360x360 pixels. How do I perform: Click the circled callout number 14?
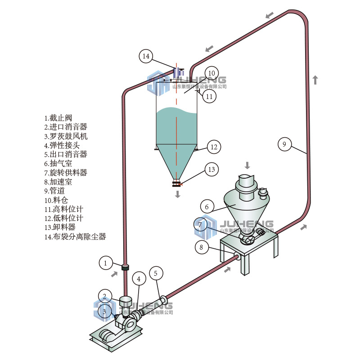click(146, 56)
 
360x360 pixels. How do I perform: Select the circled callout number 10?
click(211, 73)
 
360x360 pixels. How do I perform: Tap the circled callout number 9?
click(284, 144)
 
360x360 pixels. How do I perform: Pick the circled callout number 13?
click(211, 169)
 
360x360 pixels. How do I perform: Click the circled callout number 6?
click(207, 207)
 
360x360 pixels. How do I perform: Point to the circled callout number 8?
click(202, 247)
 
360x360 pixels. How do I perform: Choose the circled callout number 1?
click(105, 262)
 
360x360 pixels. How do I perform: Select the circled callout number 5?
click(156, 273)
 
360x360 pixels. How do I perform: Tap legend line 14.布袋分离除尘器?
click(75, 237)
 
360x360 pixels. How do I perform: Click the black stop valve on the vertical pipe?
click(126, 267)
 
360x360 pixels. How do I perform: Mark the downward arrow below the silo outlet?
click(178, 194)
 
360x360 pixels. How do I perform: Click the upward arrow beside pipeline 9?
click(315, 80)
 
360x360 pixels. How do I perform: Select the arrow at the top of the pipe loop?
click(270, 15)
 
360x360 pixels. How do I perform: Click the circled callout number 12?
click(214, 147)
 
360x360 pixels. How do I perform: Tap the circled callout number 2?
click(104, 296)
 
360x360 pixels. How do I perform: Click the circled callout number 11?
click(209, 96)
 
